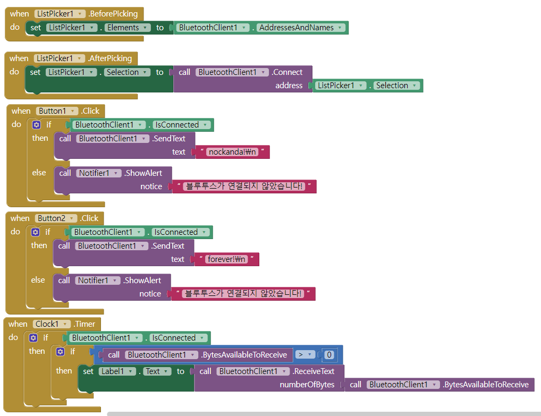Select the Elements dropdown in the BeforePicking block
[124, 28]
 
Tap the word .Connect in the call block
[287, 72]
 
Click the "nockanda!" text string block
[232, 152]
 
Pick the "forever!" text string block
[227, 259]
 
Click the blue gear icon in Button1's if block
[36, 125]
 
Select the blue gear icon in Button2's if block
[35, 232]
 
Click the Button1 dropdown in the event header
[56, 111]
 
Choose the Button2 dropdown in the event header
[55, 218]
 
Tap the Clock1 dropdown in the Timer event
[52, 324]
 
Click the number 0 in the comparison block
[329, 355]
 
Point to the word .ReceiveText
[314, 371]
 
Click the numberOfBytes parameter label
[307, 385]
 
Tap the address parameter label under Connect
[289, 86]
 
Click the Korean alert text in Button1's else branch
[244, 186]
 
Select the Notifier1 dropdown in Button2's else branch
[97, 281]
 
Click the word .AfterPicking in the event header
[109, 58]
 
